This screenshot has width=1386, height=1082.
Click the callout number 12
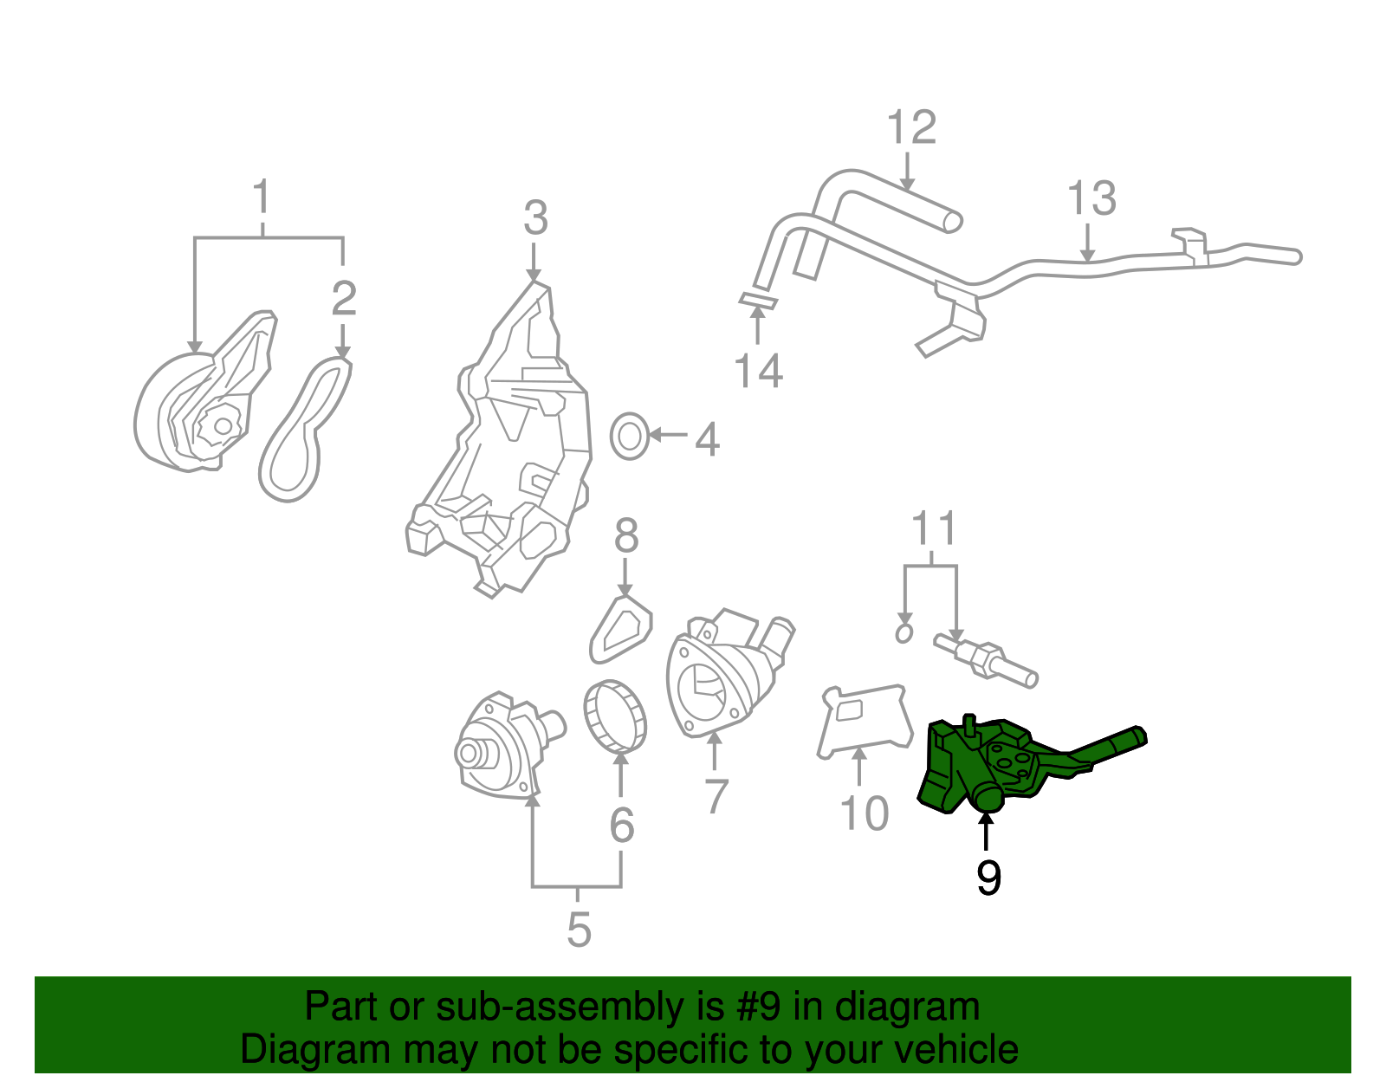(x=911, y=128)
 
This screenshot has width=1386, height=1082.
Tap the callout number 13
(x=1091, y=199)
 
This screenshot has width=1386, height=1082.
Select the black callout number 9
(x=988, y=878)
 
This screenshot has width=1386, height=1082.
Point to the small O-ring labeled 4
(x=629, y=437)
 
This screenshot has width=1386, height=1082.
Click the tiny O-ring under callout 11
(x=903, y=633)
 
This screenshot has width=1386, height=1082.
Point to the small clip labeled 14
(x=758, y=301)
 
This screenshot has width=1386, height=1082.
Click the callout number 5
(x=579, y=930)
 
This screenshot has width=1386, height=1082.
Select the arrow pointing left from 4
(x=668, y=435)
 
